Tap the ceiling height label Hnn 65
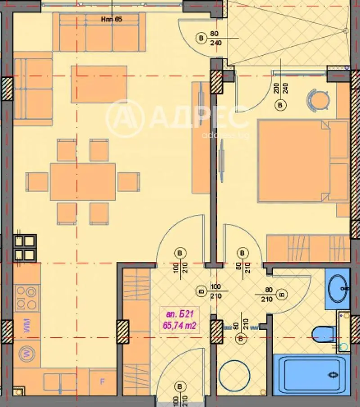click(x=111, y=19)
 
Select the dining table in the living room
click(x=83, y=182)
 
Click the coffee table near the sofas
click(x=99, y=84)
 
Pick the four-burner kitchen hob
click(x=27, y=298)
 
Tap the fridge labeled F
click(x=102, y=382)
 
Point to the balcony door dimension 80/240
click(x=215, y=39)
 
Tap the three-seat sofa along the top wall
click(x=99, y=32)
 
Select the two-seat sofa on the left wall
click(x=33, y=88)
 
